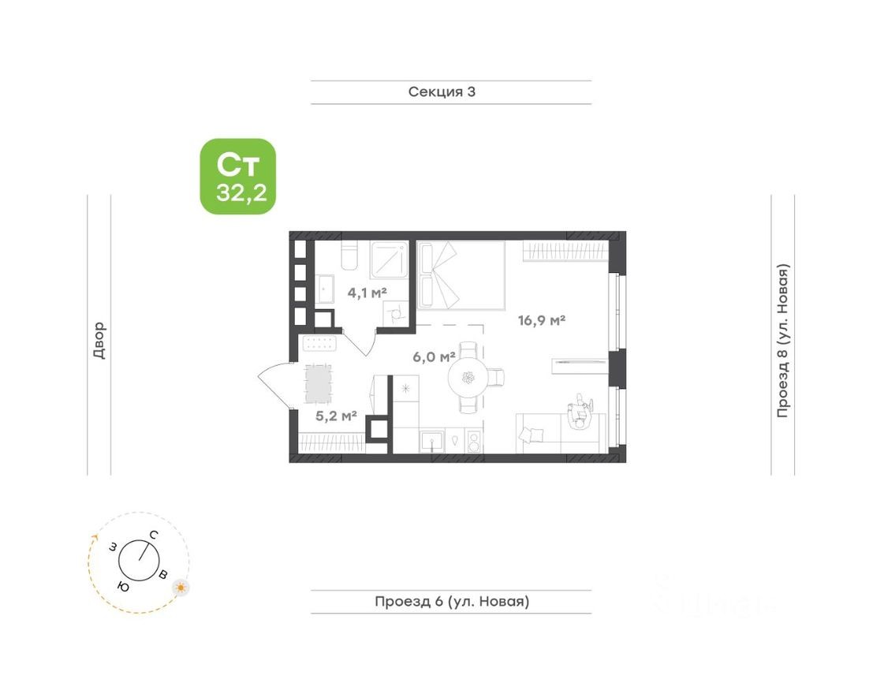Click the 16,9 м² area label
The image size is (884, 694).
click(x=542, y=320)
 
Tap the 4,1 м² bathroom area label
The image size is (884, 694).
click(x=367, y=293)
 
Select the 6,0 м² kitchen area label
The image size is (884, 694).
click(x=434, y=356)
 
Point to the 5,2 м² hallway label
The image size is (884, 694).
click(x=337, y=416)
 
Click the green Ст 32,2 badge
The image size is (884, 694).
click(x=237, y=177)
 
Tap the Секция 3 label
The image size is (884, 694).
click(x=442, y=91)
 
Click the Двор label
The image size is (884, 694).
click(x=99, y=340)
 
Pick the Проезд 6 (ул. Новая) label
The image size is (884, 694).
click(x=451, y=602)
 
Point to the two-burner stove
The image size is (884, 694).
click(x=473, y=440)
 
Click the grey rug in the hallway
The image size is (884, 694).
click(x=319, y=384)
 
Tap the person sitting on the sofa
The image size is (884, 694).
click(x=580, y=414)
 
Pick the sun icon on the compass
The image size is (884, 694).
click(x=181, y=588)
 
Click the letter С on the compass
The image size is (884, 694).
click(x=155, y=535)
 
